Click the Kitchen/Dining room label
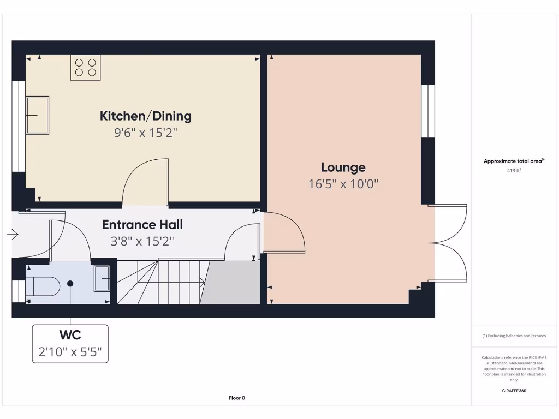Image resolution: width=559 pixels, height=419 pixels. pos(145,116)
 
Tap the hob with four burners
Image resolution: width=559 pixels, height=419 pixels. pos(85,67)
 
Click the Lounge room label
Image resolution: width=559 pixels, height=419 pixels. pos(343,167)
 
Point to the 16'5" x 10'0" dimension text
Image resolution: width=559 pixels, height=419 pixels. pos(343,184)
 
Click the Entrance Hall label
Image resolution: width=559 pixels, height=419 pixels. pos(142,225)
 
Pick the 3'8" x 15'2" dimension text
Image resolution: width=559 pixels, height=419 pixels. pos(142,241)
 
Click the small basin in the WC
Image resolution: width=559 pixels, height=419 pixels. pos(102,278)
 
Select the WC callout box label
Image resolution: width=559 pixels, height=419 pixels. pos(70,334)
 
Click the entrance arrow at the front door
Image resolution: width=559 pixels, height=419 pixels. pos(13,235)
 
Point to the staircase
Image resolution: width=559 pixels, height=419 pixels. pos(161,282)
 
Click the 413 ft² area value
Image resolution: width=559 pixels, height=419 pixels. pos(514,171)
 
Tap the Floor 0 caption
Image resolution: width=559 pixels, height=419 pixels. pos(237,398)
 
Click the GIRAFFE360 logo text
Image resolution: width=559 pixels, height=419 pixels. pos(514,391)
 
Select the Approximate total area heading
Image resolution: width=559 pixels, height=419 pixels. pos(513,161)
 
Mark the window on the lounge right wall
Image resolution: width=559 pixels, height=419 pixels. pos(428,111)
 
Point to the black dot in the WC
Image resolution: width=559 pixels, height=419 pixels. pos(70,283)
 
